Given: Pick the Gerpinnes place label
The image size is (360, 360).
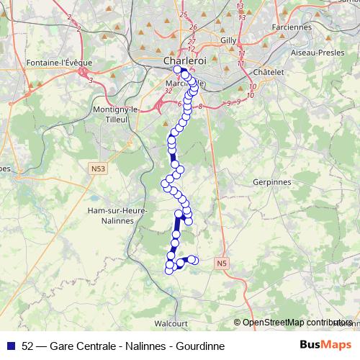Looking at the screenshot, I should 271,183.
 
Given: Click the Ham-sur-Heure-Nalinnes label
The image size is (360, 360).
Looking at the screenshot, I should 117,215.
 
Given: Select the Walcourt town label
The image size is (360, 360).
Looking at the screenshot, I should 171,324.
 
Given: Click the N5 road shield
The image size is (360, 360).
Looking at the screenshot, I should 221,265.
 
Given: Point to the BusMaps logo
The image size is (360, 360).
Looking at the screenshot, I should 326,346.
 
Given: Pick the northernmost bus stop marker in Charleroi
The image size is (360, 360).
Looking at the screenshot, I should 184,74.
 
